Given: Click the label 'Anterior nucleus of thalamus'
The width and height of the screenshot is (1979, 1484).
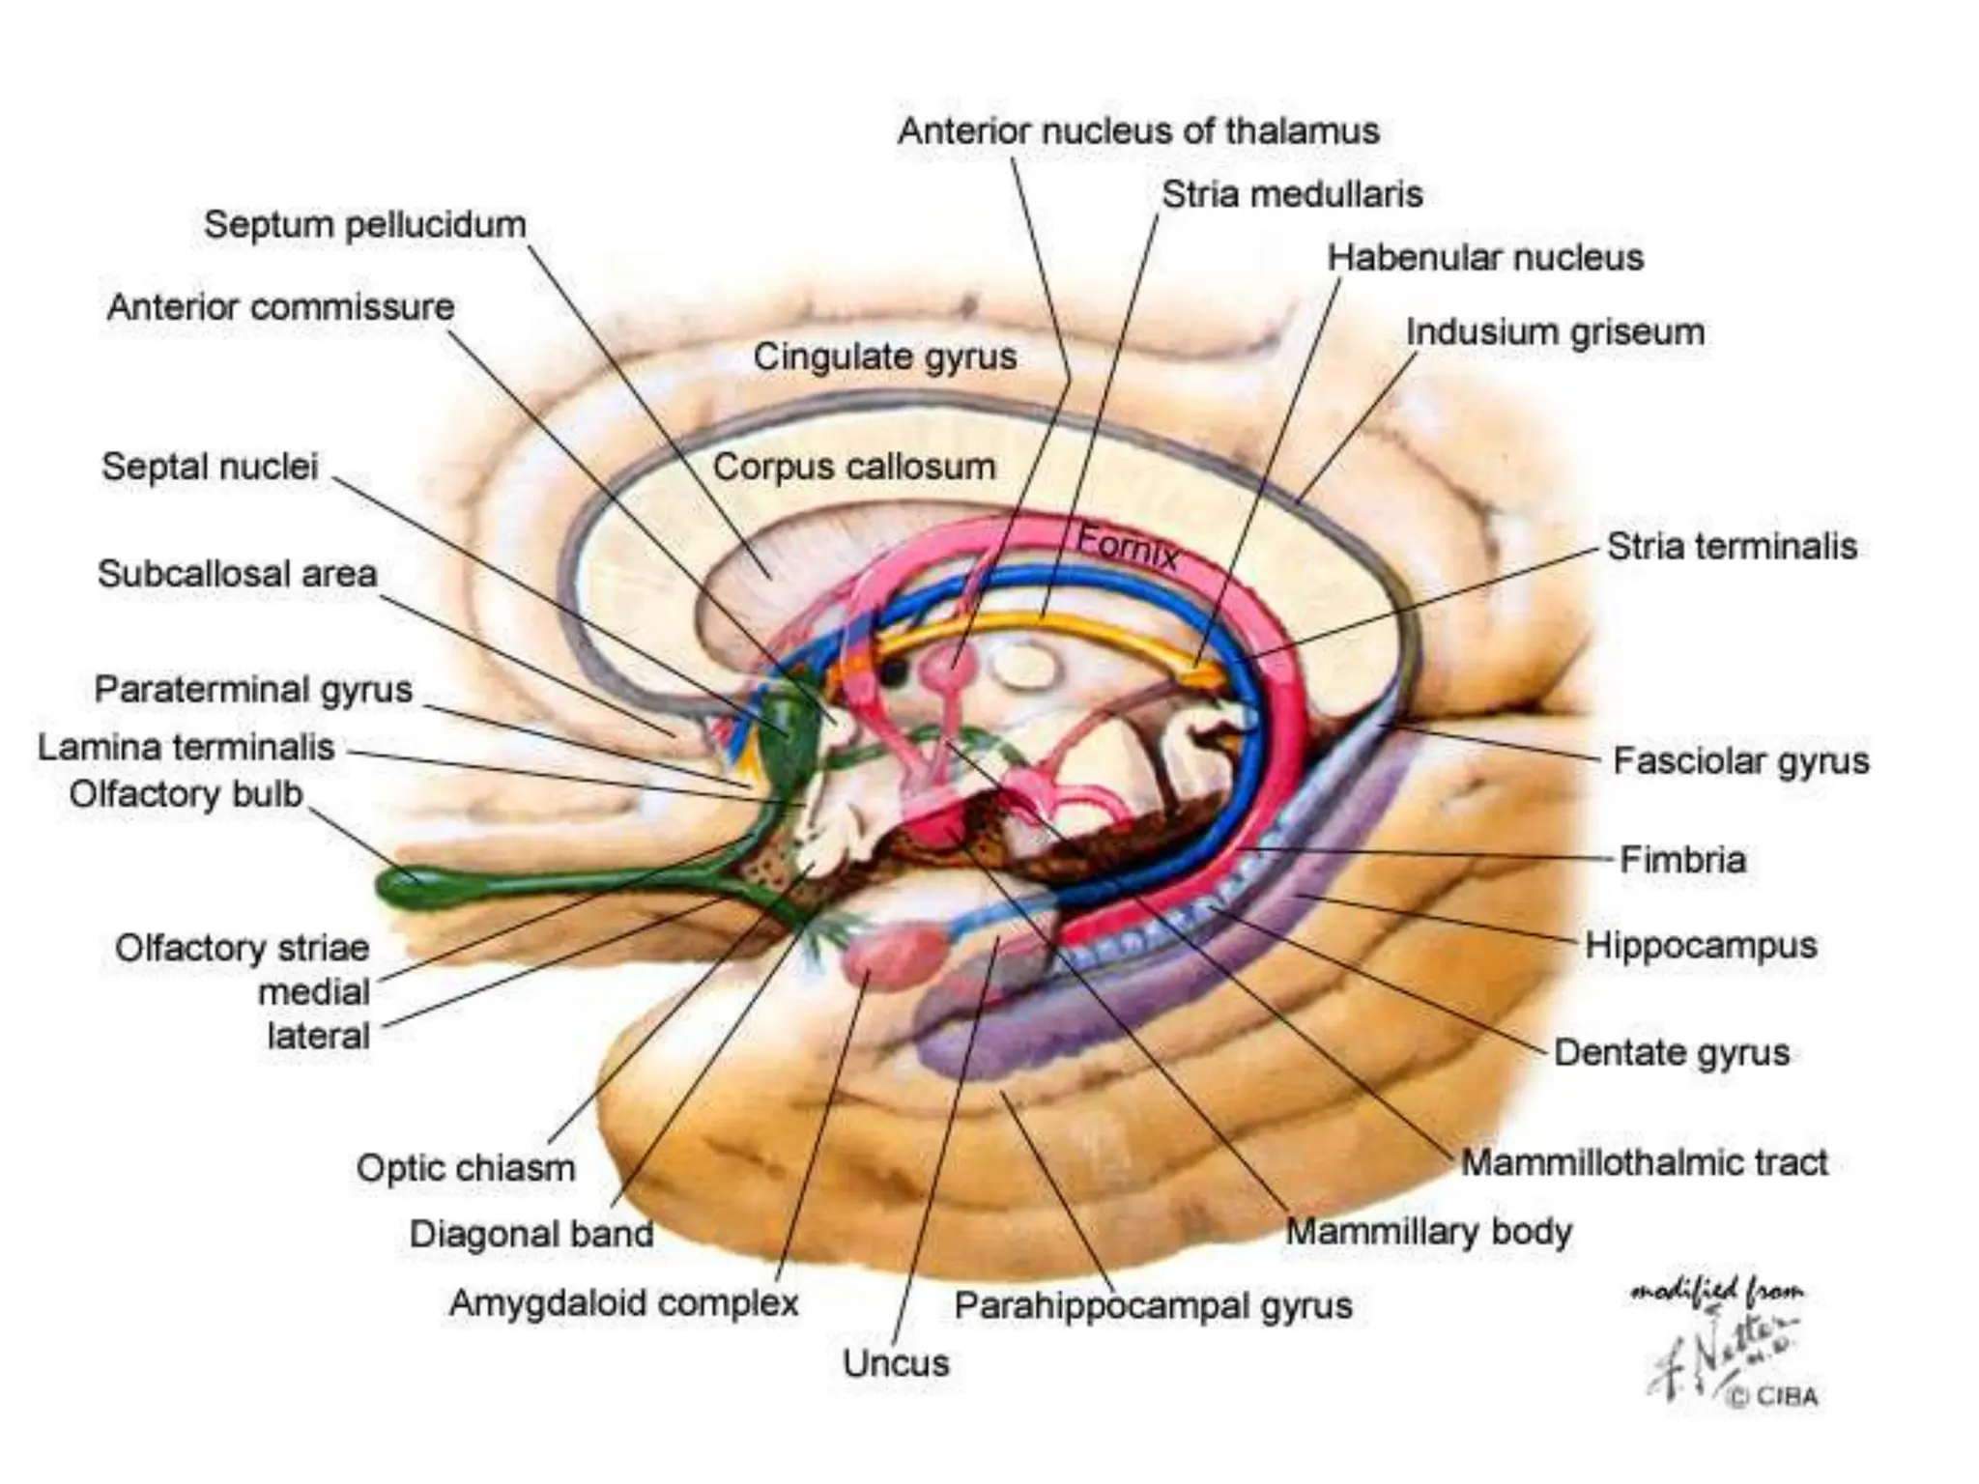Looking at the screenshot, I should tap(1138, 131).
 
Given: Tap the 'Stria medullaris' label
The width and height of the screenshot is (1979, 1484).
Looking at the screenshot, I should tap(1292, 195).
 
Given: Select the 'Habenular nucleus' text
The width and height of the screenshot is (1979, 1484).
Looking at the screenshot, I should tap(1484, 258).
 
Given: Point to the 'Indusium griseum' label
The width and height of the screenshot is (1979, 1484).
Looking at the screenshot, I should tap(1555, 332).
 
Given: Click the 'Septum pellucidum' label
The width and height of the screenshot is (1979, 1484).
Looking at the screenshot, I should tap(365, 225).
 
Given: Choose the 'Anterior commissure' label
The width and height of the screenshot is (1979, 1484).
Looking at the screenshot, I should tap(280, 307).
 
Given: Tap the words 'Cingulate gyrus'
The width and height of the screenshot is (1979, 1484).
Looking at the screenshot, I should tap(884, 357).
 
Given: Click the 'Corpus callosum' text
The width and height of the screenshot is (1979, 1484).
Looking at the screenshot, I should tap(853, 468).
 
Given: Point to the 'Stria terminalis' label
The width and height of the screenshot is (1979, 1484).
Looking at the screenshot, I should tap(1732, 547).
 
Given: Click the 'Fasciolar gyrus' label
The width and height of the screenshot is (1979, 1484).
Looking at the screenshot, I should tap(1741, 761).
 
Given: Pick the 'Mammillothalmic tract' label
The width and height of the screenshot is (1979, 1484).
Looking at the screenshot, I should tap(1644, 1162).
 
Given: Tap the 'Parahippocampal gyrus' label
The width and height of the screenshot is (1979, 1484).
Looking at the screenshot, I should tap(1153, 1306).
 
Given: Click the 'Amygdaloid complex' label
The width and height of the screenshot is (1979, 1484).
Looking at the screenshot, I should tap(624, 1303).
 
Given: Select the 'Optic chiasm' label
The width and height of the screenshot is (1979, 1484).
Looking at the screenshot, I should tap(466, 1168).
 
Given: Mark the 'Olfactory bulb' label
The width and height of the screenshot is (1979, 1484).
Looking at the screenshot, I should tap(186, 795).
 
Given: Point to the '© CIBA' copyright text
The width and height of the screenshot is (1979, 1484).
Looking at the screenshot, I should tap(1772, 1396).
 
